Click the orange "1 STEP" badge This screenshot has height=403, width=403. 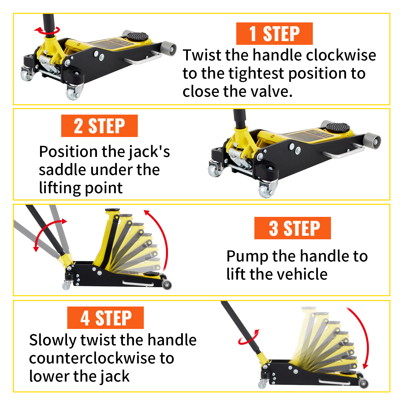tap(274, 33)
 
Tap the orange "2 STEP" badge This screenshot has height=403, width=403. tap(99, 126)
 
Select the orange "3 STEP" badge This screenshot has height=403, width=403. tap(292, 228)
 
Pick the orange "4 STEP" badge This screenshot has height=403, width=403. tap(105, 318)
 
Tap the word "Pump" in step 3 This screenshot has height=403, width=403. tap(247, 256)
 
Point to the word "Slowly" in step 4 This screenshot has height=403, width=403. tap(52, 340)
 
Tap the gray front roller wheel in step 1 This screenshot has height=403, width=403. tap(169, 49)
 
